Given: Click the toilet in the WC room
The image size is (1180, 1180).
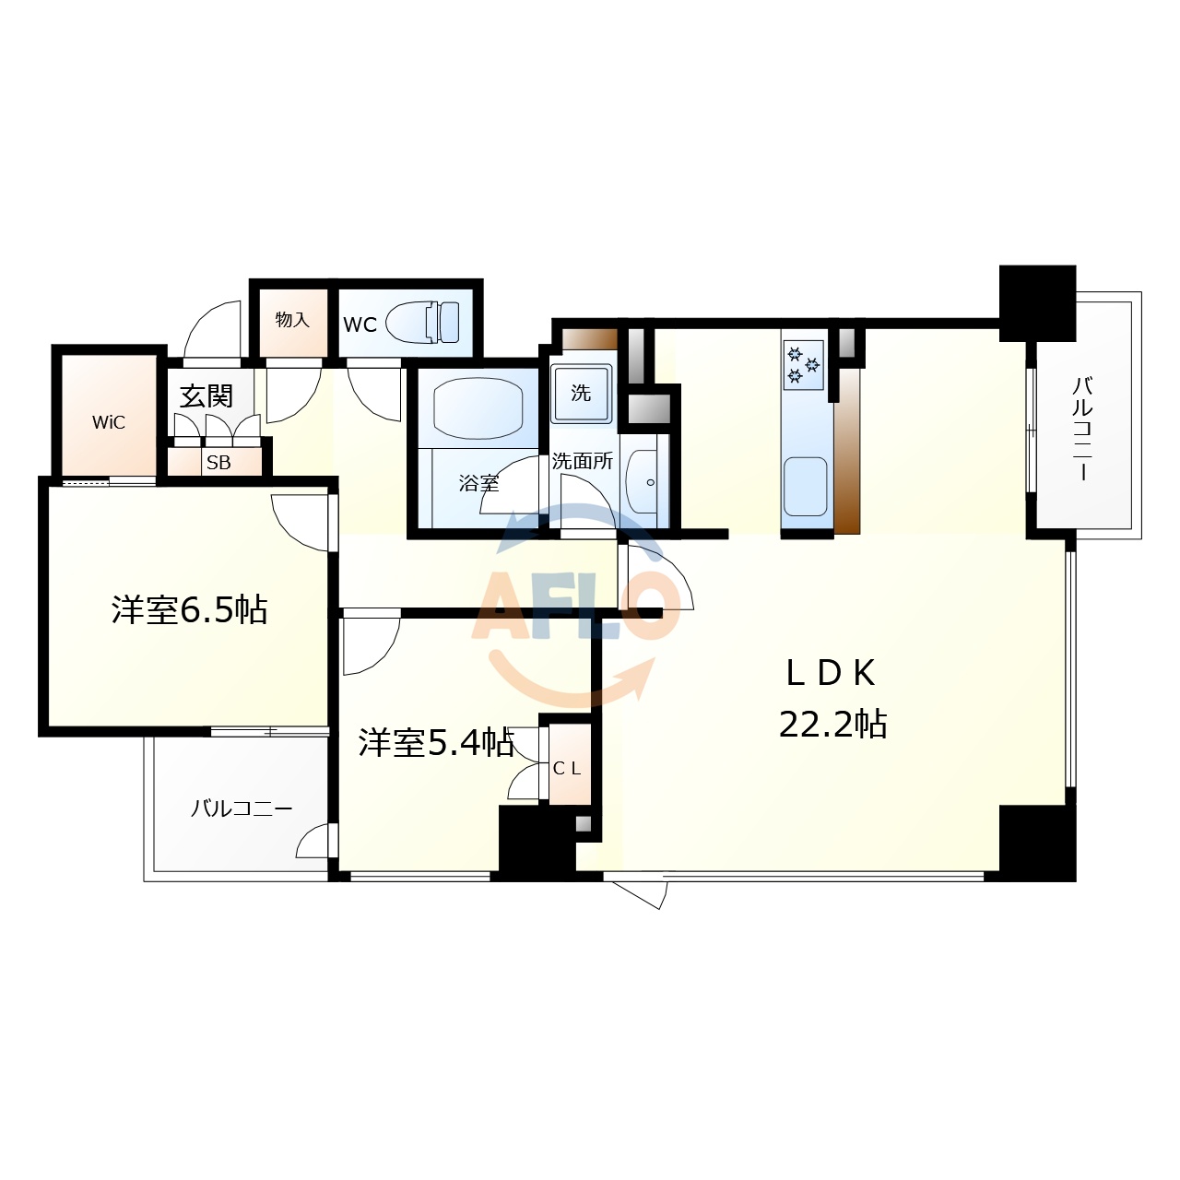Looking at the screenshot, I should tap(423, 323).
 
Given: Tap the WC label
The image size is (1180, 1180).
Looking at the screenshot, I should tap(360, 324).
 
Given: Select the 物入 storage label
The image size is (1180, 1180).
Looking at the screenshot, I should tap(292, 320).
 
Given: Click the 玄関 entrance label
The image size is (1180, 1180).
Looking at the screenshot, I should tap(206, 396).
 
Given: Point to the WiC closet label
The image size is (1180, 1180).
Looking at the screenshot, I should tap(109, 423).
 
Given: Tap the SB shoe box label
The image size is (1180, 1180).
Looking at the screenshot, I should tap(218, 463).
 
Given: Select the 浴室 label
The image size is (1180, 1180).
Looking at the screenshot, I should tap(478, 482).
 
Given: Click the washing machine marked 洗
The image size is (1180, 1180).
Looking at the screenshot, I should tap(581, 393).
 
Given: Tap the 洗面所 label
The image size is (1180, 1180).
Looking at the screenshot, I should tap(582, 461).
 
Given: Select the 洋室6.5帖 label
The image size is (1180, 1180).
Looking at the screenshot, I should tap(189, 609).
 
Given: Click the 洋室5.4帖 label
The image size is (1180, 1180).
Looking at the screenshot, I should tap(436, 742).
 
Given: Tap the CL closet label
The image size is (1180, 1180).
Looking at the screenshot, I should tap(567, 768).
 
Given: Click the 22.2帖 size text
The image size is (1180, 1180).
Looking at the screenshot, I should tap(832, 725).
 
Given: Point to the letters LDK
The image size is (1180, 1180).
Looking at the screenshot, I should tap(830, 674).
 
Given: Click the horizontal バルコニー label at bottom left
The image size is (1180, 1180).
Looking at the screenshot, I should tap(242, 808).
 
